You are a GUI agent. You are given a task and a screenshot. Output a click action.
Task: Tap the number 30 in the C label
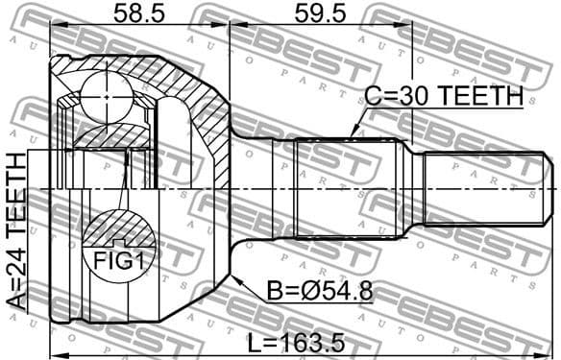[x=415, y=97]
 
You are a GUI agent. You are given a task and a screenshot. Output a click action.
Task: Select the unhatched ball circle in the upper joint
[x=105, y=96]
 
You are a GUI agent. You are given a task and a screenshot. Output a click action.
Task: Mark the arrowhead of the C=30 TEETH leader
[x=354, y=134]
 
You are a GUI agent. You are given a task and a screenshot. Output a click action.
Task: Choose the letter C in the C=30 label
[x=374, y=97]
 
